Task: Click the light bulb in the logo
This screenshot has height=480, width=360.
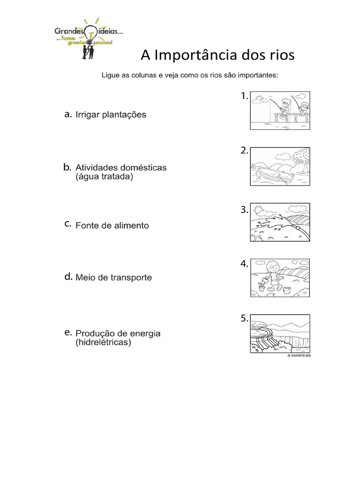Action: tap(90, 33)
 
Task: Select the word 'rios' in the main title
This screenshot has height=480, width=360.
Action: tap(280, 55)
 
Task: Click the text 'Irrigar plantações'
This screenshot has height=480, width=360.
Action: tap(111, 114)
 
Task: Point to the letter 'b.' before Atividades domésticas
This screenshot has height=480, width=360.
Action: tap(67, 167)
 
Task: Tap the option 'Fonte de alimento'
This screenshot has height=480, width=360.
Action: tap(112, 225)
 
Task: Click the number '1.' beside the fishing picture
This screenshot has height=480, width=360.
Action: tap(244, 96)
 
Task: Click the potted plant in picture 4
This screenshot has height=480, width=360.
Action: tap(262, 286)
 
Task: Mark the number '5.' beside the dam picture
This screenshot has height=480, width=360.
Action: tap(244, 319)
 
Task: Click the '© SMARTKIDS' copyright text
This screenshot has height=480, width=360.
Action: tap(299, 356)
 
